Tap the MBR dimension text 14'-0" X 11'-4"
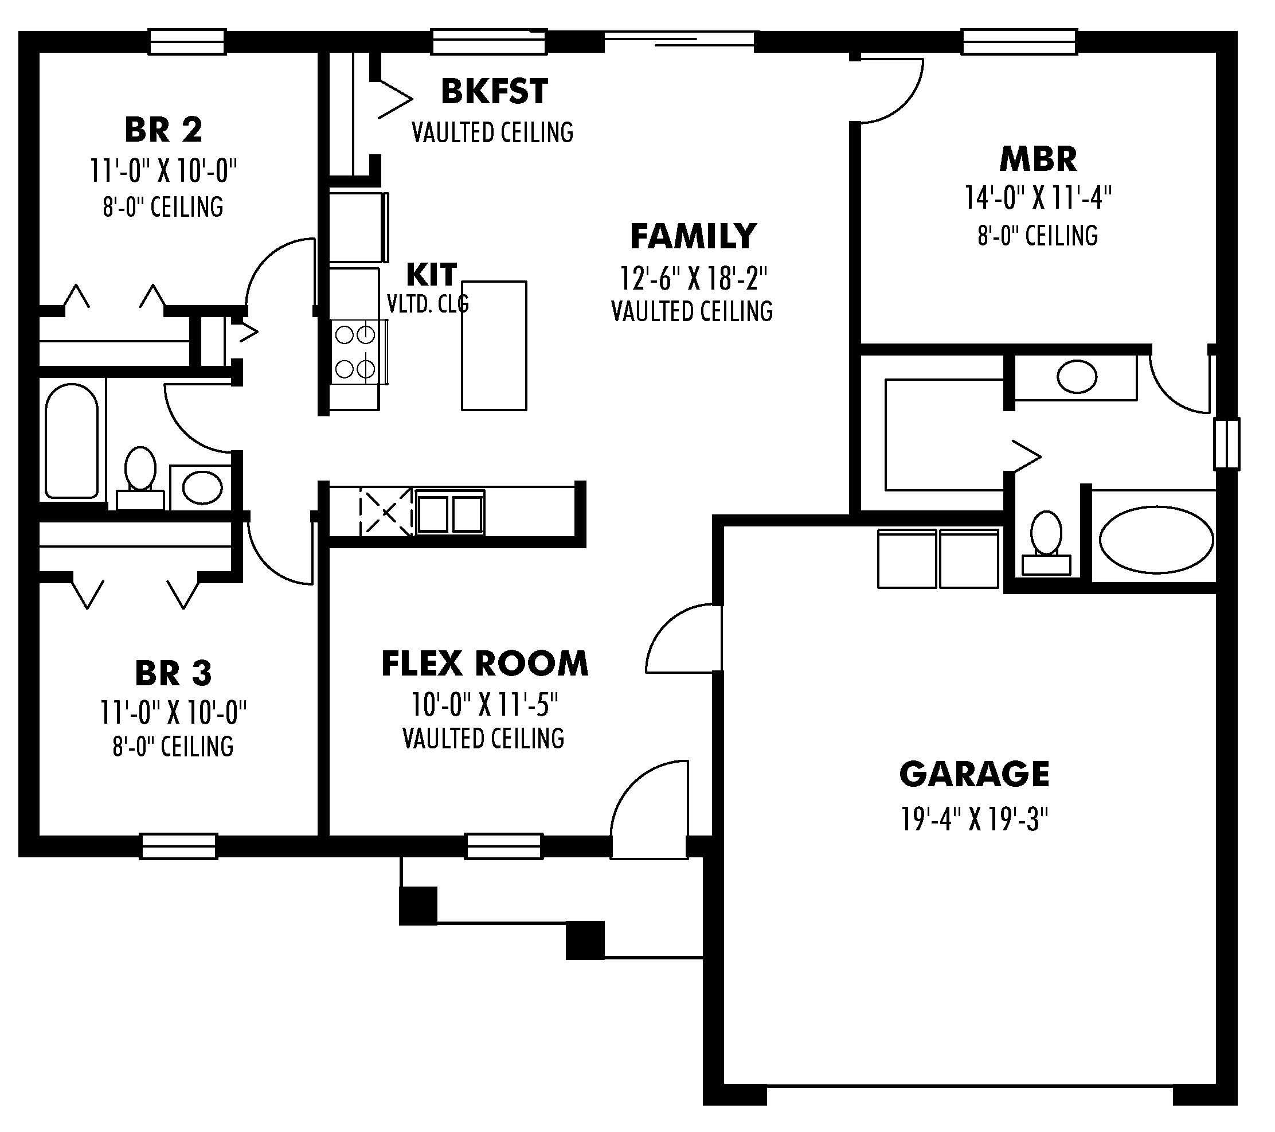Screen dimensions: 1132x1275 click(x=1038, y=198)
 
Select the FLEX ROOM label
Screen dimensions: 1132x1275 click(x=484, y=663)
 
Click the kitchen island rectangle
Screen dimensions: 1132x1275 click(x=494, y=346)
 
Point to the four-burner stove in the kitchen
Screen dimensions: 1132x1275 click(x=355, y=353)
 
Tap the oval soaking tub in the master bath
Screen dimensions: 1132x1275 click(x=1156, y=540)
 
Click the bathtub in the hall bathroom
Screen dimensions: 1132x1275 click(x=72, y=440)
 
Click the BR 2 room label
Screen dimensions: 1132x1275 click(x=163, y=130)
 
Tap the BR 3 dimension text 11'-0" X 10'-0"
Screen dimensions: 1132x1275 click(x=173, y=712)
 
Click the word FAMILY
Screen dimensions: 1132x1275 click(x=693, y=236)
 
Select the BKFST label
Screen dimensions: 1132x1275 click(x=495, y=91)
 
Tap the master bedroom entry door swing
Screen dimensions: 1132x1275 click(x=889, y=87)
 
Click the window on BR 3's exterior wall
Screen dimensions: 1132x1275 click(x=178, y=847)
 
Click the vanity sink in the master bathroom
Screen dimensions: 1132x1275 click(x=1077, y=377)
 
